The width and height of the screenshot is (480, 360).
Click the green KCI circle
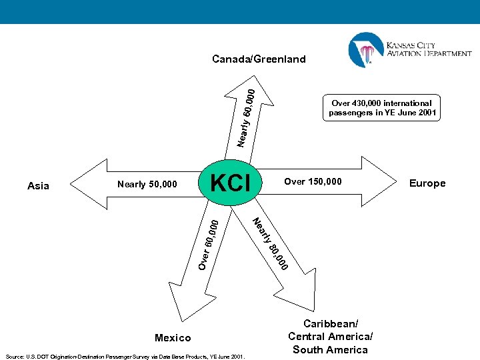(229, 182)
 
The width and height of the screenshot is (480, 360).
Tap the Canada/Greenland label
(259, 59)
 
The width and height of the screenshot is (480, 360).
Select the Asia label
(39, 186)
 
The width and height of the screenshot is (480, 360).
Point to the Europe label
(427, 183)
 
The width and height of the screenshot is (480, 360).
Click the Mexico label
(172, 338)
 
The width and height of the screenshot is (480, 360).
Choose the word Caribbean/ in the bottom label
(331, 323)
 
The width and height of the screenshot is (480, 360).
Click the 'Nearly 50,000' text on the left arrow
(147, 184)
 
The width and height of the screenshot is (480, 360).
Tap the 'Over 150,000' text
(313, 181)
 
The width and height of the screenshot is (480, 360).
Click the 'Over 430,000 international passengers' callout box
(383, 108)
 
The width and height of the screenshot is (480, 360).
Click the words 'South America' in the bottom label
(330, 350)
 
